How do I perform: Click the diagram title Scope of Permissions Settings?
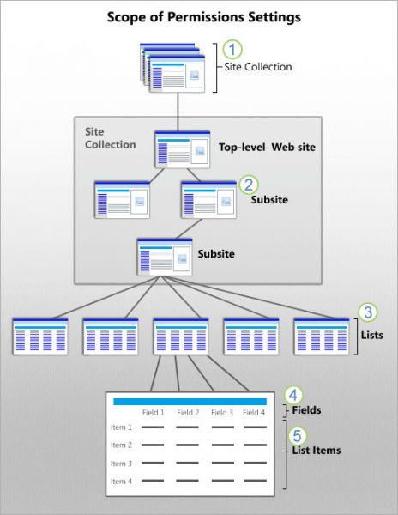[198, 16]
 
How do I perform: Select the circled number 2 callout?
[249, 184]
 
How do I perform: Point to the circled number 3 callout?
[367, 312]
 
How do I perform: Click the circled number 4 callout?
[293, 394]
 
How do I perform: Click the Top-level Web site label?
[267, 148]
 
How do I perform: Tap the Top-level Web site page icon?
[182, 149]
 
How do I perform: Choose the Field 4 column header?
[254, 413]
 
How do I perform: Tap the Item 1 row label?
[121, 427]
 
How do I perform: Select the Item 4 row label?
[121, 482]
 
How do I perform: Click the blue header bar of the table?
[190, 401]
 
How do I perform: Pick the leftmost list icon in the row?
[40, 336]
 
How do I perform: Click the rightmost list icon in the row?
[322, 336]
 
